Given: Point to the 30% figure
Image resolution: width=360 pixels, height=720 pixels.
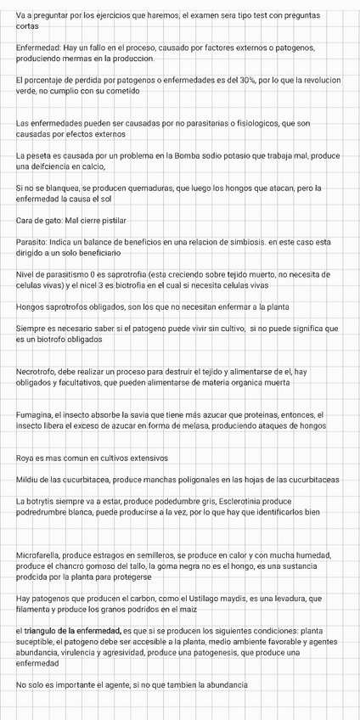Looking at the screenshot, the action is tap(234, 79).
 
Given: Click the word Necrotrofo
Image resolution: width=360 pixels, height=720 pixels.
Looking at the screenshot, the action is tap(39, 371).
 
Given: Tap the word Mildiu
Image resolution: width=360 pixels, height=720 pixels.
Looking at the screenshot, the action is tap(30, 480).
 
